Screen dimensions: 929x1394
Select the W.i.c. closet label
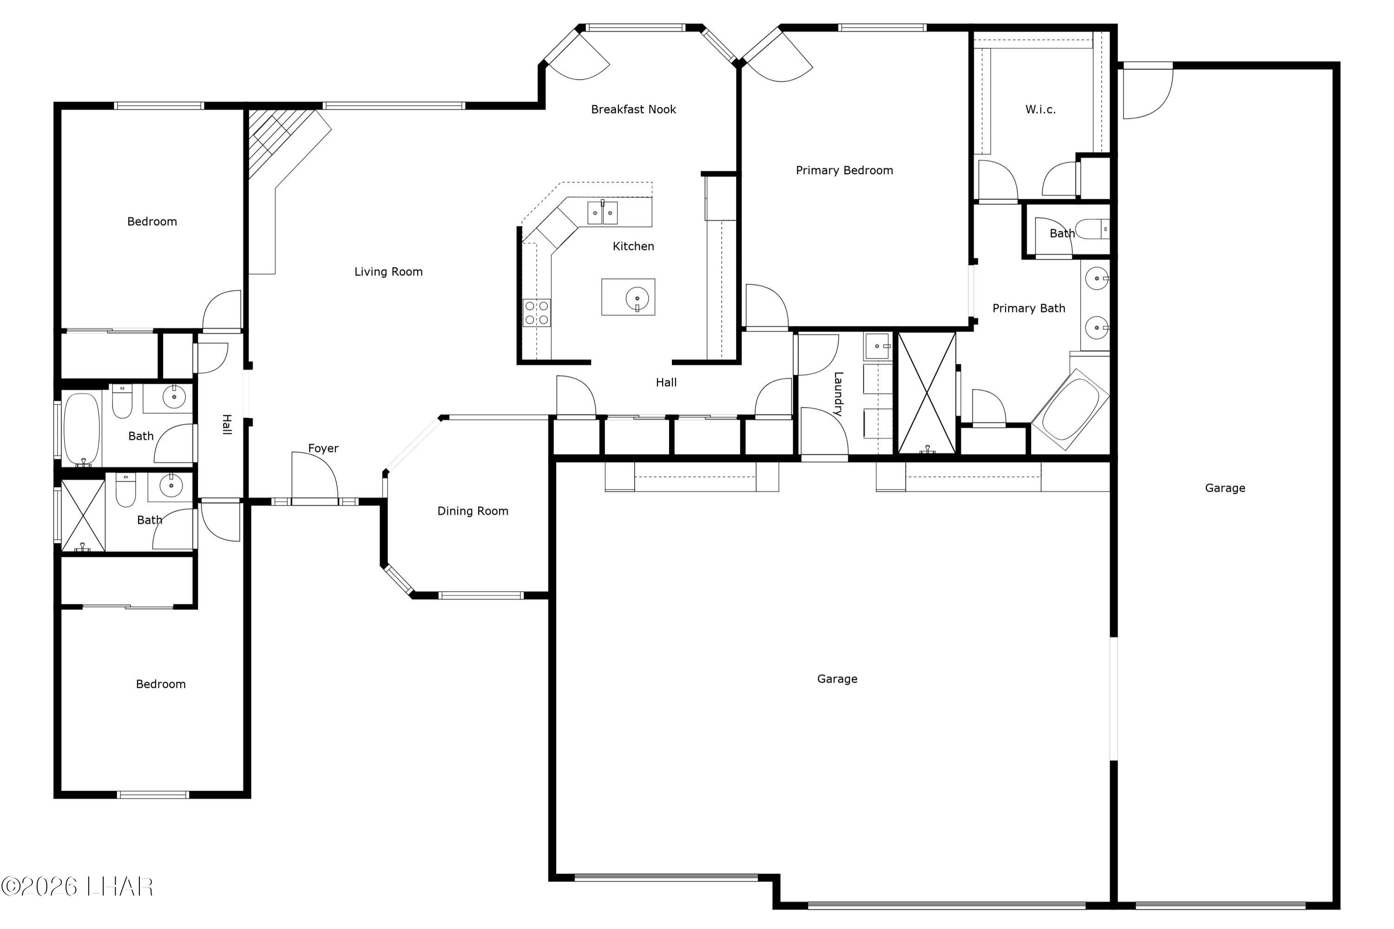[x=1040, y=110]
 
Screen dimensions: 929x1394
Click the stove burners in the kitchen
[x=536, y=313]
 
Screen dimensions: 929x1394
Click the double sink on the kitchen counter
[x=602, y=213]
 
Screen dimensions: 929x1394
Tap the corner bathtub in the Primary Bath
[x=1071, y=409]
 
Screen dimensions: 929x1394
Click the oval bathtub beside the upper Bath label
[x=81, y=428]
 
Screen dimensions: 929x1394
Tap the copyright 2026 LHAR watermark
[x=77, y=887]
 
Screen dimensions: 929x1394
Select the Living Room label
[x=388, y=272]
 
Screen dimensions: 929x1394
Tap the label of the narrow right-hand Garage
[x=1224, y=488]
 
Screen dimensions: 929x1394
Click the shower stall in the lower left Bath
[x=83, y=516]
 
